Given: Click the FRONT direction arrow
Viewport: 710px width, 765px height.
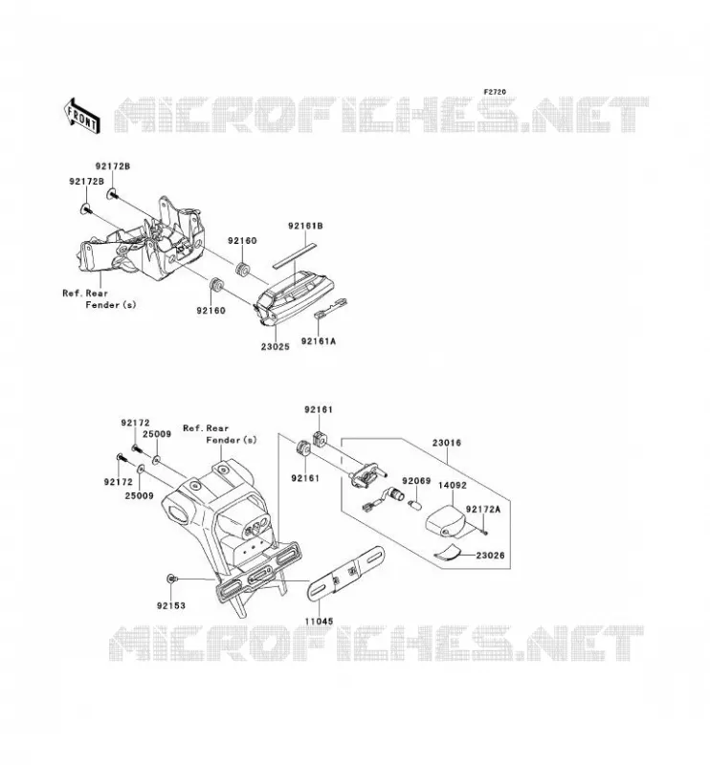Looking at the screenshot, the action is pyautogui.click(x=82, y=116).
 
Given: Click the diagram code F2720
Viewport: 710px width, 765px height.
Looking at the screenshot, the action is pyautogui.click(x=495, y=92).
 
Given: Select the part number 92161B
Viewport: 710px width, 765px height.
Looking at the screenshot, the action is pyautogui.click(x=305, y=226).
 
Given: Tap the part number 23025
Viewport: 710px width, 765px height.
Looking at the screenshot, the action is pyautogui.click(x=275, y=347).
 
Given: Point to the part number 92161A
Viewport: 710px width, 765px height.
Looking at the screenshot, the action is pyautogui.click(x=319, y=341).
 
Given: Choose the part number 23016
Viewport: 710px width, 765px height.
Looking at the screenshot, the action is pyautogui.click(x=446, y=443).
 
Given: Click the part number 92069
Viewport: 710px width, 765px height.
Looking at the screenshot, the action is pyautogui.click(x=416, y=481).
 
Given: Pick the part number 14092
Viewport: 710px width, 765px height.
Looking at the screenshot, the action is pyautogui.click(x=453, y=486).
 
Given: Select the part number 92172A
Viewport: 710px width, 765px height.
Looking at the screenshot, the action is pyautogui.click(x=483, y=510).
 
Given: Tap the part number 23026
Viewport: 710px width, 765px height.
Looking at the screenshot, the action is pyautogui.click(x=490, y=556).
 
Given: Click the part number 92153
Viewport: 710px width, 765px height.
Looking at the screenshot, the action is pyautogui.click(x=171, y=605).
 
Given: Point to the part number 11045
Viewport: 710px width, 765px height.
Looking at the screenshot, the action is pyautogui.click(x=319, y=621).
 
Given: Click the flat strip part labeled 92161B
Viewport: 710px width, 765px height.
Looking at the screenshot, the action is pyautogui.click(x=295, y=255).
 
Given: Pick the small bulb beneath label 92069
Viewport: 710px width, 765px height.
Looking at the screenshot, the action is pyautogui.click(x=414, y=504).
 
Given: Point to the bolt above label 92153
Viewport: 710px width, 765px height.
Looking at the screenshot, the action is pyautogui.click(x=171, y=579).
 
